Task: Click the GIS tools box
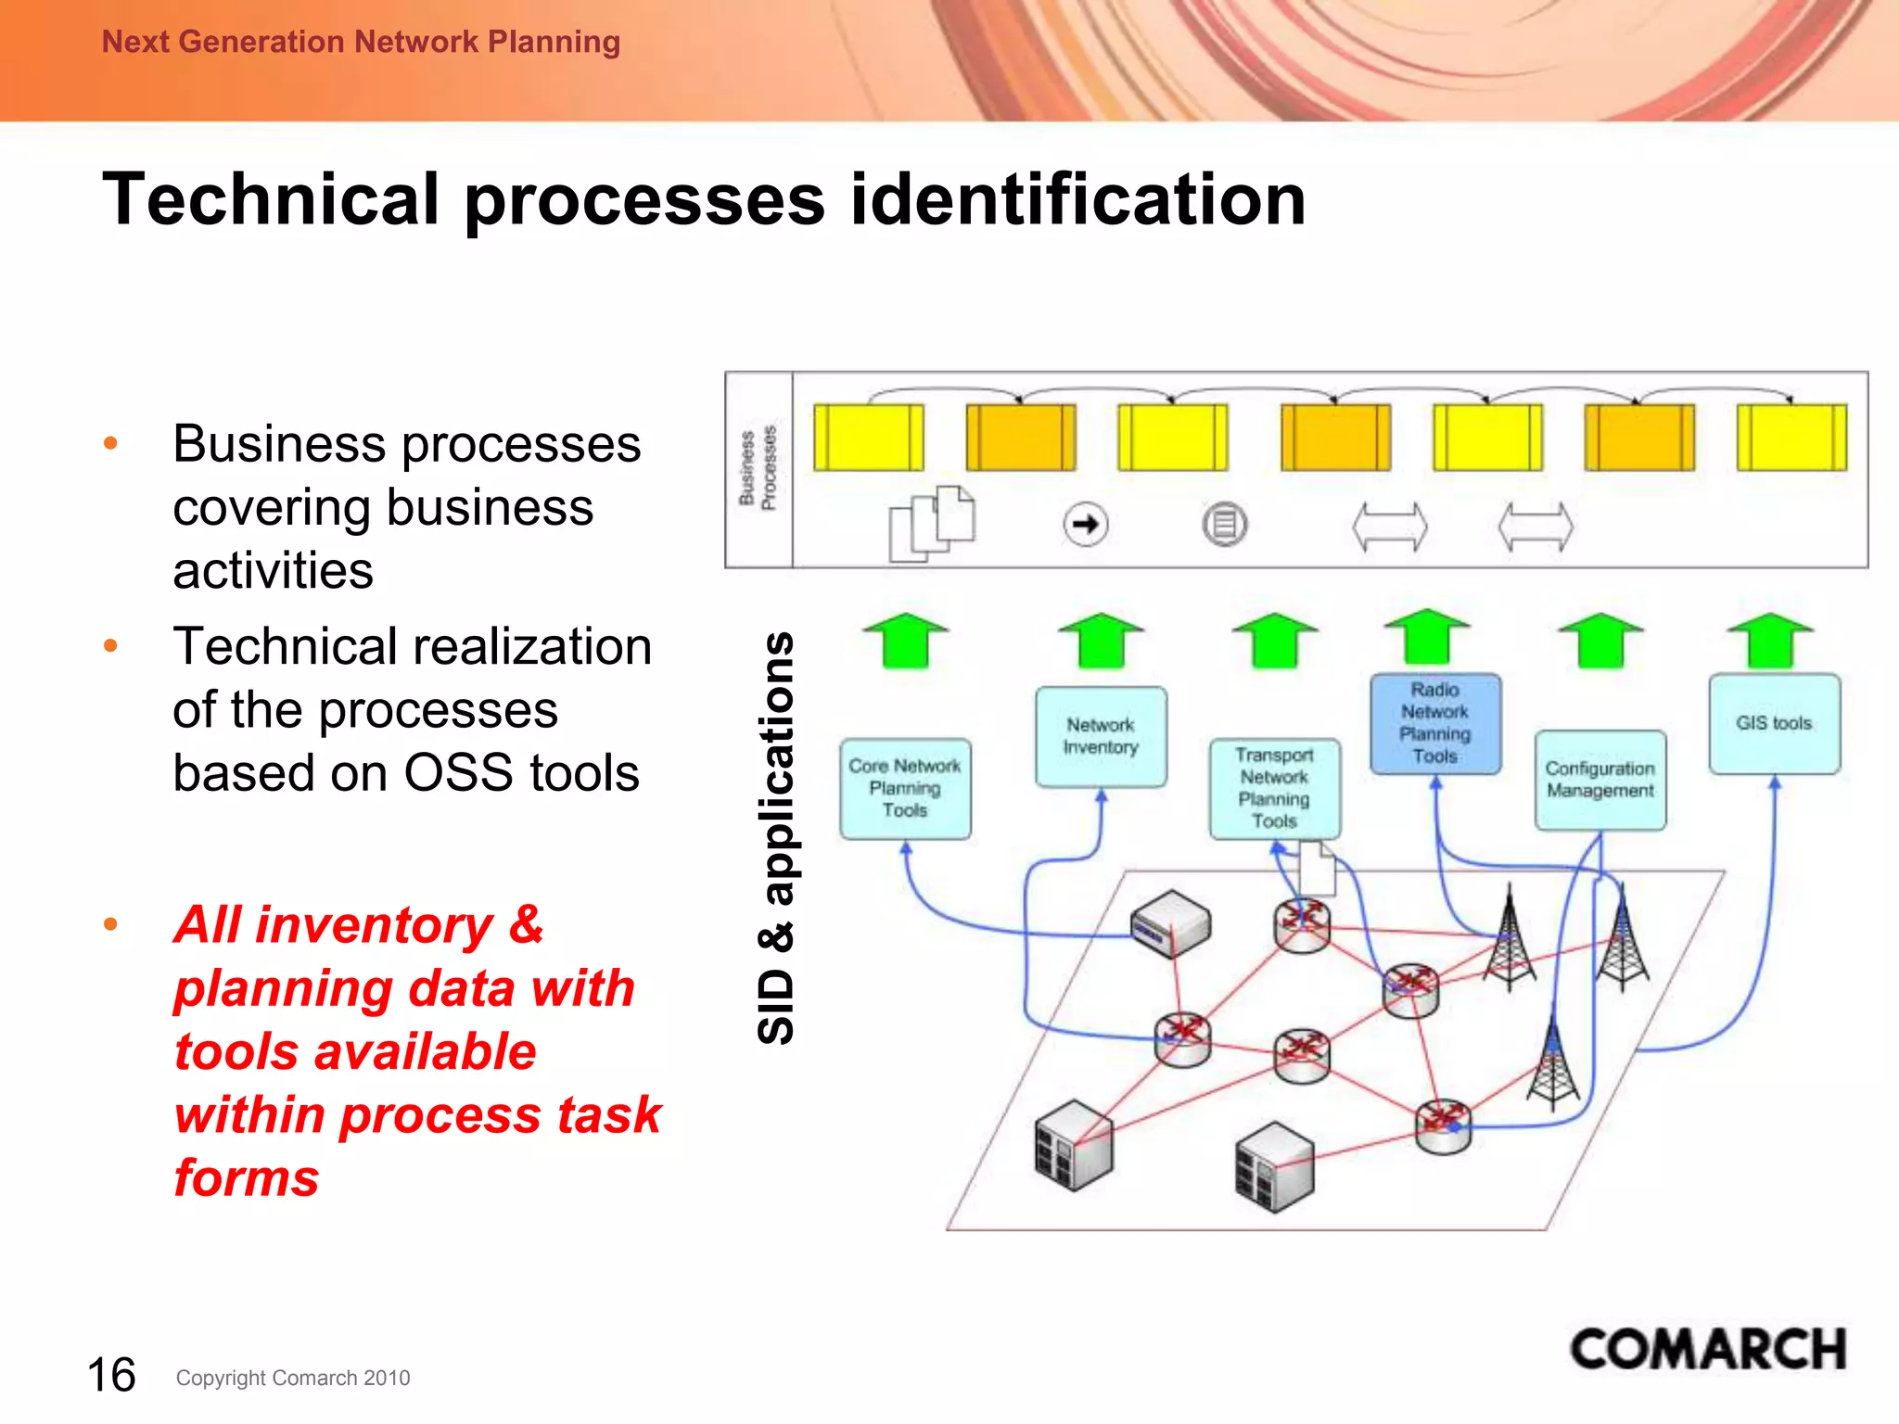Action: pyautogui.click(x=1774, y=724)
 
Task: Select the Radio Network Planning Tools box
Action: pyautogui.click(x=1434, y=724)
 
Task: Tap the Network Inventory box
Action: pyautogui.click(x=1101, y=737)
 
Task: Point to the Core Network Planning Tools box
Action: pyautogui.click(x=905, y=789)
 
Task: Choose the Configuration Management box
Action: pyautogui.click(x=1599, y=781)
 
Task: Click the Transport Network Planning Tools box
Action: pyautogui.click(x=1274, y=789)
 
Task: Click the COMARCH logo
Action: pyautogui.click(x=1707, y=1350)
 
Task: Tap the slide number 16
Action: pyautogui.click(x=111, y=1375)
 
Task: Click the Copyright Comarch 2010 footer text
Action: pyautogui.click(x=293, y=1379)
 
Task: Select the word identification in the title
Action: pyautogui.click(x=1077, y=199)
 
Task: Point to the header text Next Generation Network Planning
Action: pyautogui.click(x=361, y=42)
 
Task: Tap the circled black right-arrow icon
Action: pyautogui.click(x=1085, y=525)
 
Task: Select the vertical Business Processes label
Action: pyautogui.click(x=758, y=469)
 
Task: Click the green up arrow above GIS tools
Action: pyautogui.click(x=1771, y=640)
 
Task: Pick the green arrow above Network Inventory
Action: pyautogui.click(x=1101, y=640)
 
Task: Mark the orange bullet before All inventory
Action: pyautogui.click(x=111, y=924)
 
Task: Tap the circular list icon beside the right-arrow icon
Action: pyautogui.click(x=1225, y=525)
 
